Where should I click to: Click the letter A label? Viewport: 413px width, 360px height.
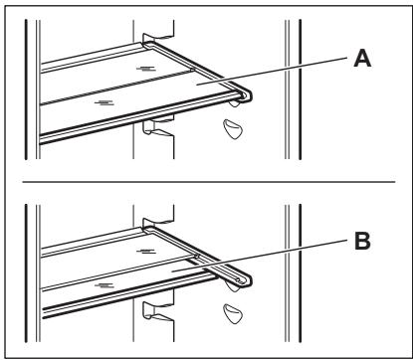click(362, 59)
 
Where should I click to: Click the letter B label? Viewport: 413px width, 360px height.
click(362, 241)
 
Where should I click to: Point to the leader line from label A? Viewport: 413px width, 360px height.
click(272, 72)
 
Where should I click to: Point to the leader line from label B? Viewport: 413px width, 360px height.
click(260, 256)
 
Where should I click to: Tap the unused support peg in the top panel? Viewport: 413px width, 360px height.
click(233, 129)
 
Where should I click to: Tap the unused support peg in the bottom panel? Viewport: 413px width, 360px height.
click(233, 313)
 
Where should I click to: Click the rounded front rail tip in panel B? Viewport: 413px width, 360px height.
click(245, 280)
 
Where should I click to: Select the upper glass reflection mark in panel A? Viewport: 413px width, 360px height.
click(146, 69)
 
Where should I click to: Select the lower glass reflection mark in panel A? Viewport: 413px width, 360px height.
click(104, 102)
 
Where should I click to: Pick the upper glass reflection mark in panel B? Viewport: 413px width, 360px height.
click(146, 252)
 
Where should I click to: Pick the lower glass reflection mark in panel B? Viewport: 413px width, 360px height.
click(104, 285)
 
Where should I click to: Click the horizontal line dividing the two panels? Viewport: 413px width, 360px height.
click(209, 182)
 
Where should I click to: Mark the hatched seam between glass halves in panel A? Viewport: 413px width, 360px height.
click(116, 88)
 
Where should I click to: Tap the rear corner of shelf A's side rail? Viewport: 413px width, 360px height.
click(148, 43)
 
